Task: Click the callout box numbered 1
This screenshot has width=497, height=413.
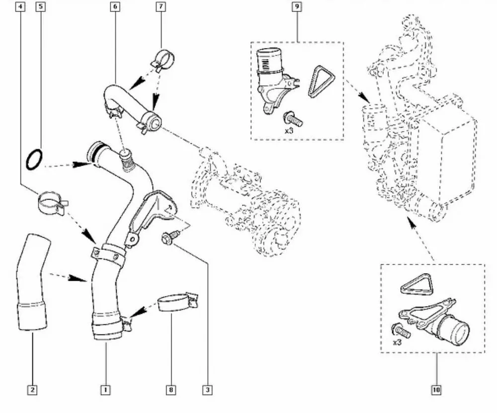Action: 105,390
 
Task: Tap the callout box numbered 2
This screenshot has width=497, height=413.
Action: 32,390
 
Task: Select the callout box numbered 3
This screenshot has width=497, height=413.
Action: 207,390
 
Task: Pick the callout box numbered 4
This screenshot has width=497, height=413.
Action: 20,7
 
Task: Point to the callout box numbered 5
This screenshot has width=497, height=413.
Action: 41,7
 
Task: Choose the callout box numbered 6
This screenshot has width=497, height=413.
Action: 115,7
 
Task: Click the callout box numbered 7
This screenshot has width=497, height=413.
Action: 161,7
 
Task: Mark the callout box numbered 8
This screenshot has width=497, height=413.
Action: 171,390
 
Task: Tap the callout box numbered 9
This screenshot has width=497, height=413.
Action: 297,7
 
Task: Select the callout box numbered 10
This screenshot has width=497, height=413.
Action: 436,390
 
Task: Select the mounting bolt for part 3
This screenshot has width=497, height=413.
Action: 167,238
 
